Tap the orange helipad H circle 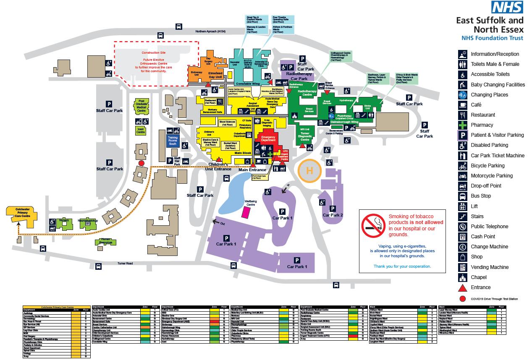tap(309, 171)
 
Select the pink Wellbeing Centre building tap(245, 212)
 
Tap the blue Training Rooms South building tap(173, 141)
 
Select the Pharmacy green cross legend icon tap(462, 125)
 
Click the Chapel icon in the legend tap(462, 277)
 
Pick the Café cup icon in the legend tap(462, 105)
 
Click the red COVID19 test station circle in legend tap(462, 299)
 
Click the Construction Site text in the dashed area tap(154, 53)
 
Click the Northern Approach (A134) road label tap(212, 31)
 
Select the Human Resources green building tap(105, 241)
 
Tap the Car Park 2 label tap(333, 215)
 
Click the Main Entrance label tap(252, 170)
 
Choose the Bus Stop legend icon tap(462, 196)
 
